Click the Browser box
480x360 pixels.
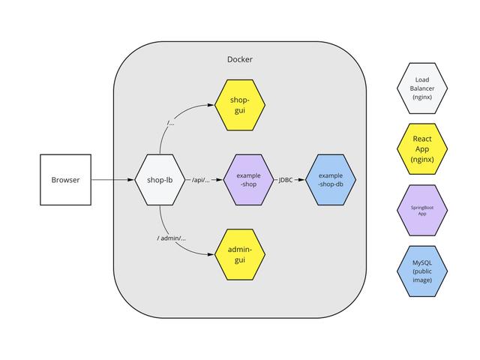(65, 180)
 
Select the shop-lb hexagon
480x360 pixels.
(160, 180)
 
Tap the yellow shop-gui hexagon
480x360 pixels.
(240, 106)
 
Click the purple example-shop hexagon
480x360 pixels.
(248, 180)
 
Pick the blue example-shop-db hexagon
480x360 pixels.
(330, 180)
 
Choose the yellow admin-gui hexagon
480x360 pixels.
(240, 254)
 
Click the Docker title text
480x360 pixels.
(240, 59)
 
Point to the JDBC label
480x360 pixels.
(285, 180)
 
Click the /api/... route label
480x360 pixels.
(201, 180)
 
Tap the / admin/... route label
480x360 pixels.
(172, 238)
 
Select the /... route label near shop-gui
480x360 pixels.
(171, 123)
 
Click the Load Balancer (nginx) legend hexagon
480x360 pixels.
(421, 88)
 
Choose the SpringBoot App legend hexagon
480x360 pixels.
(421, 209)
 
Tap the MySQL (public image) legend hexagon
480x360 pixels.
(421, 270)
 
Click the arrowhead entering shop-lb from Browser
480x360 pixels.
(132, 180)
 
